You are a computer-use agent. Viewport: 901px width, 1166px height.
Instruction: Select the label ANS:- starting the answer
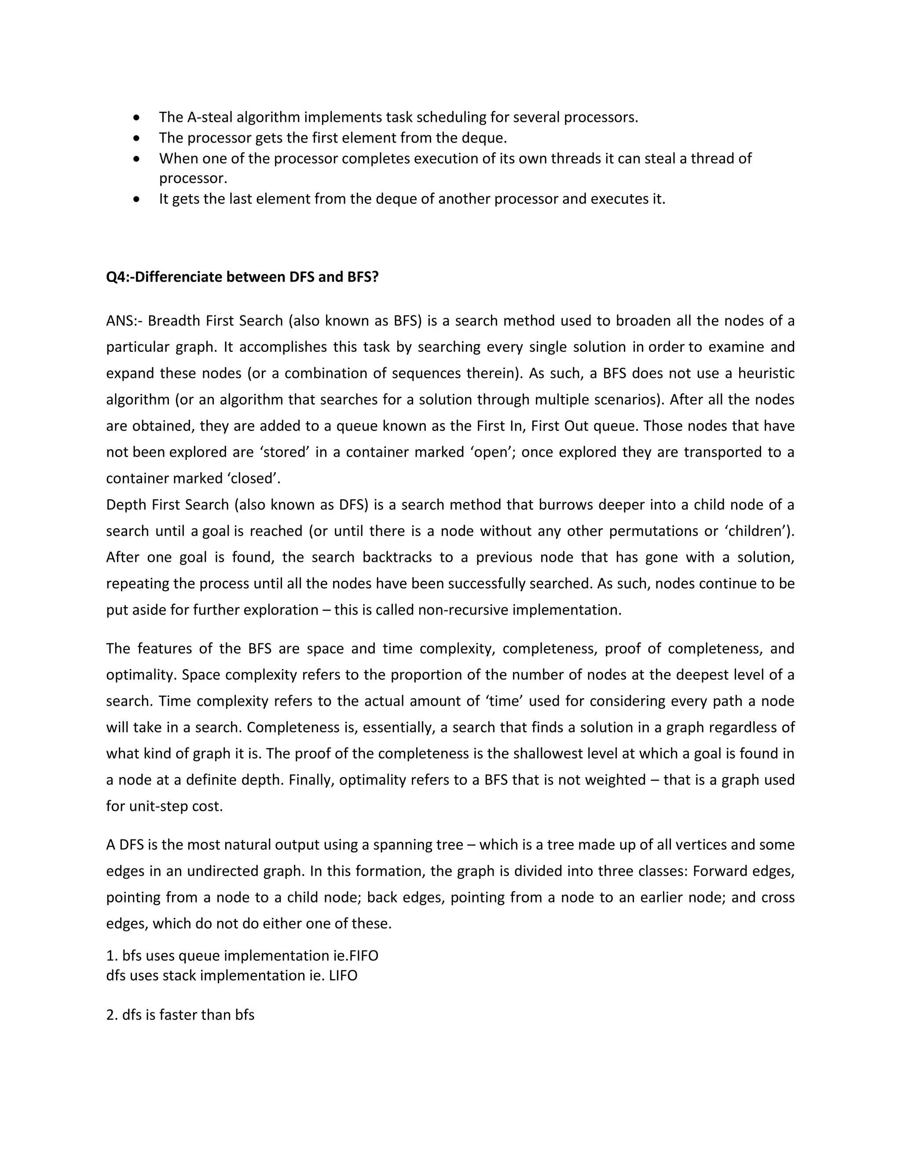click(123, 321)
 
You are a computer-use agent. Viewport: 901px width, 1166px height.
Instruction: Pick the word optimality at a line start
click(141, 675)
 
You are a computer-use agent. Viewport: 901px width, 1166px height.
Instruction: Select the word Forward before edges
click(720, 871)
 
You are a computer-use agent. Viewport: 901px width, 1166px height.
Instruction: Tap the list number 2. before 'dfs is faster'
click(112, 1015)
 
